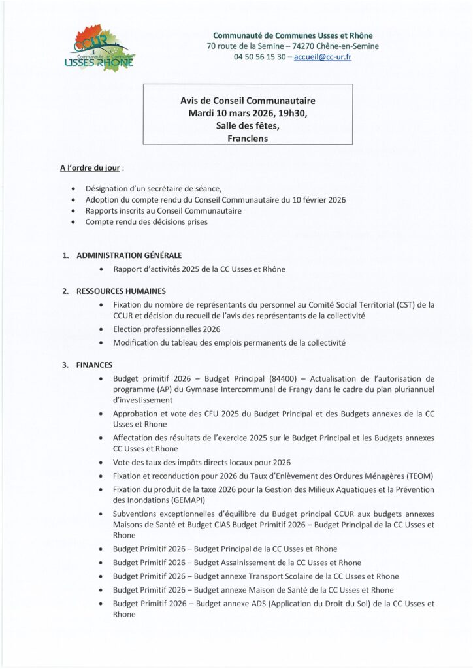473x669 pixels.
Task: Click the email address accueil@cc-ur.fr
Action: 323,57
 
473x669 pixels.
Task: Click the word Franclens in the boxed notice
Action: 248,138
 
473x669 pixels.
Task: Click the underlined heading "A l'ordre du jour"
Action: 90,168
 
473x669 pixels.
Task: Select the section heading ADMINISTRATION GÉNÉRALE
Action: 129,255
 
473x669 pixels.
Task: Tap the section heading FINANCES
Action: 95,365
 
